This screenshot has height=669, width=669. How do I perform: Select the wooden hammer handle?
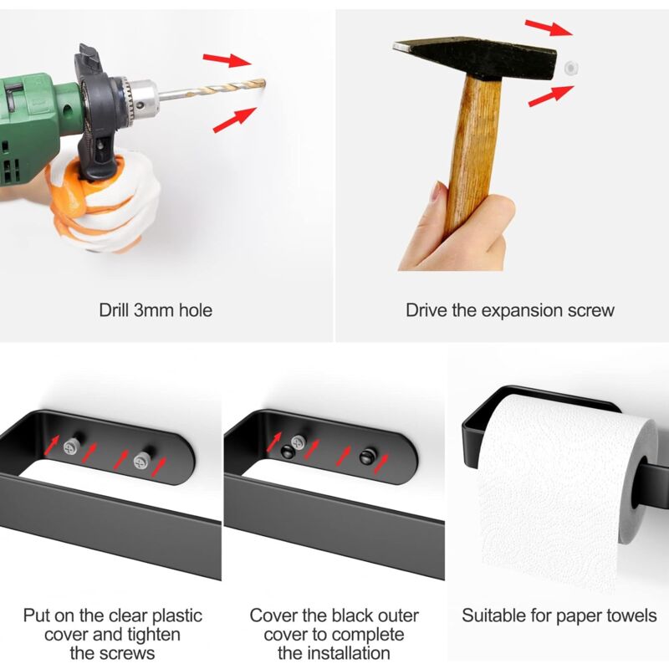coord(474,154)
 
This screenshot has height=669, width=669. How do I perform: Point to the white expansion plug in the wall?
coord(570,68)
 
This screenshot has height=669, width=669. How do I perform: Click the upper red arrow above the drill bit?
coord(227,60)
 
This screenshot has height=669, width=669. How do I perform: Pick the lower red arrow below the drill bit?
coord(234,120)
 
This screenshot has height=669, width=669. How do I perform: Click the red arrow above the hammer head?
coord(549,28)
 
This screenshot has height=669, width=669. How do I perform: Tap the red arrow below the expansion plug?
coord(551,96)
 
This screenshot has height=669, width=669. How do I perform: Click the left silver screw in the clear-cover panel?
coord(71,447)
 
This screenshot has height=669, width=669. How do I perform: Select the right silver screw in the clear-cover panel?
coord(141,461)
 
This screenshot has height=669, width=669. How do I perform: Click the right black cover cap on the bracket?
coord(367,456)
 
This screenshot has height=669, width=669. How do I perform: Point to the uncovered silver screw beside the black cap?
coord(298,442)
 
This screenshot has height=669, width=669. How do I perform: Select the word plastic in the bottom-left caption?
coord(177,616)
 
